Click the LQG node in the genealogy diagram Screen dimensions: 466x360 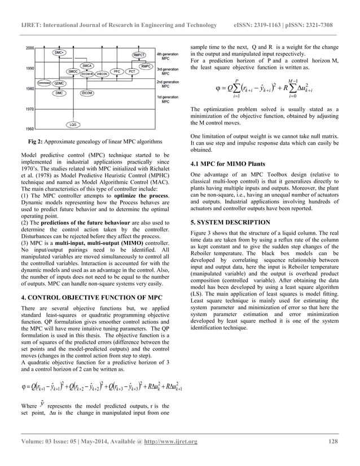pyautogui.click(x=72, y=124)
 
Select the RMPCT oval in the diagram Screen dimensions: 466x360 pyautogui.click(x=140, y=55)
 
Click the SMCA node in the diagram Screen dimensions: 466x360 pyautogui.click(x=87, y=65)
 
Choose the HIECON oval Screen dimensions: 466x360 pyautogui.click(x=102, y=74)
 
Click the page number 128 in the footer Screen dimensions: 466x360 pyautogui.click(x=332, y=441)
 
